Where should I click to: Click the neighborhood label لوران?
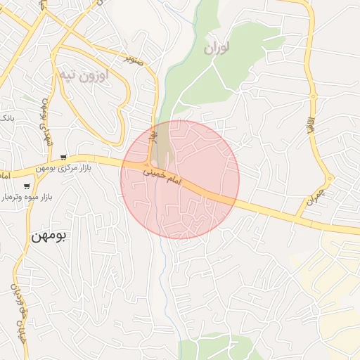218,48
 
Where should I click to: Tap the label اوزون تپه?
82,75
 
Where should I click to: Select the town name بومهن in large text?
48,236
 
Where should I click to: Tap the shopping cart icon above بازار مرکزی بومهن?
64,157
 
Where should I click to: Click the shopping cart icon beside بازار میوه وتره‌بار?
27,186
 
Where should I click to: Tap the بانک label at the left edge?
5,117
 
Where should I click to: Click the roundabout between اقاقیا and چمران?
330,179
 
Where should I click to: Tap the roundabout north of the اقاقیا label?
314,96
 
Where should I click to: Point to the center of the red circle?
180,179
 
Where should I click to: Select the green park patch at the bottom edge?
211,349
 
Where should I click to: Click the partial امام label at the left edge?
4,174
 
